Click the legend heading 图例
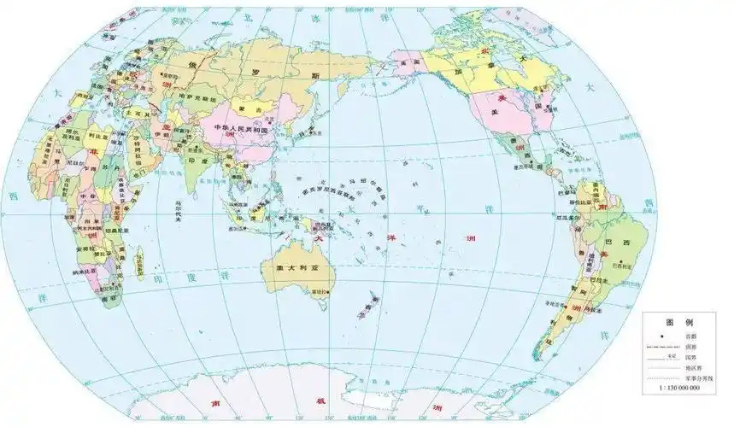[x=678, y=322]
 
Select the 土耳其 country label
[x=136, y=112]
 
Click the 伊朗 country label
[x=165, y=139]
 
